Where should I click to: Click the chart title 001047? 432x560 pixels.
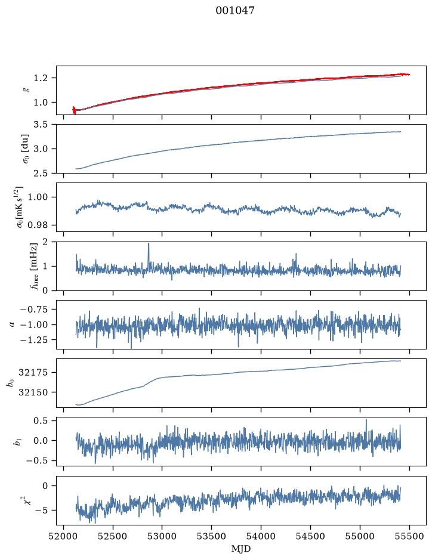pyautogui.click(x=235, y=11)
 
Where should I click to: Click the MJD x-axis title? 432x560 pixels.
pyautogui.click(x=241, y=548)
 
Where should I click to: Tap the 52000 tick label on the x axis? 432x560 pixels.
pyautogui.click(x=64, y=536)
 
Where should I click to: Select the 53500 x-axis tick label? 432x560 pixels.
pyautogui.click(x=212, y=536)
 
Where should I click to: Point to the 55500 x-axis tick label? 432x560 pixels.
pyautogui.click(x=409, y=536)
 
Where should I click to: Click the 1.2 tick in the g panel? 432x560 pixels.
pyautogui.click(x=41, y=78)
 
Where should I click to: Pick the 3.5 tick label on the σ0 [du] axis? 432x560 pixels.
pyautogui.click(x=41, y=125)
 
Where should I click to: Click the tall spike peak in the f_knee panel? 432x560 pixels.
pyautogui.click(x=149, y=243)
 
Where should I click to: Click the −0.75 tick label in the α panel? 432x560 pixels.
pyautogui.click(x=35, y=310)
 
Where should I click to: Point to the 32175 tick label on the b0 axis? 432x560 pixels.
pyautogui.click(x=33, y=373)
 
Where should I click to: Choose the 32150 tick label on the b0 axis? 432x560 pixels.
pyautogui.click(x=33, y=392)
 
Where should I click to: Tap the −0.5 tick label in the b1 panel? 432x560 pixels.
pyautogui.click(x=37, y=461)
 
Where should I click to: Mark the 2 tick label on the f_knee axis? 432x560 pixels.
pyautogui.click(x=45, y=242)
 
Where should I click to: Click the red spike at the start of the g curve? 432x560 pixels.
pyautogui.click(x=74, y=110)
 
